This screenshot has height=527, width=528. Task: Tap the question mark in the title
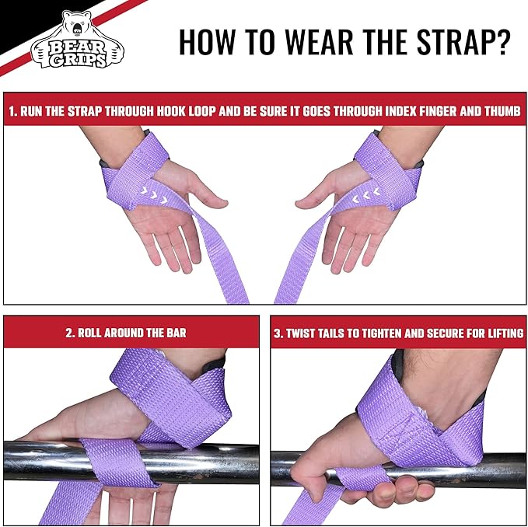(x=502, y=43)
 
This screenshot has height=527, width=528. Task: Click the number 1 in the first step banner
(x=12, y=111)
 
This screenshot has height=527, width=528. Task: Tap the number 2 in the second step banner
(x=68, y=333)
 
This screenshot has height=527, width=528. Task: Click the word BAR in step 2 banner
(x=176, y=333)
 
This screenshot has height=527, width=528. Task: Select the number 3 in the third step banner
(x=278, y=333)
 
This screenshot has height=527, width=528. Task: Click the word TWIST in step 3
(x=303, y=333)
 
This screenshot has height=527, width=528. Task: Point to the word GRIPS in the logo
(x=78, y=59)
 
